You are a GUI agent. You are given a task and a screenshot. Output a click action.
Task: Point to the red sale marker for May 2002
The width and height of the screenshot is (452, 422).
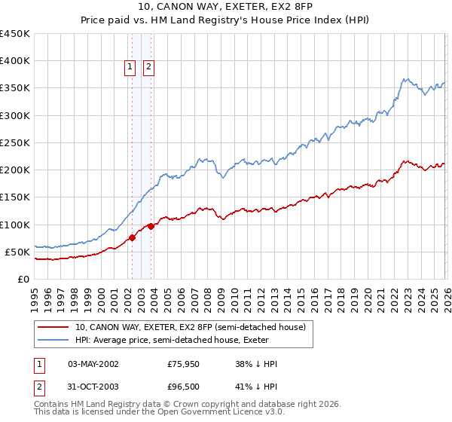133,237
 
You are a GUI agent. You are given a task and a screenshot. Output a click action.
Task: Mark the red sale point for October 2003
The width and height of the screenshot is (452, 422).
151,226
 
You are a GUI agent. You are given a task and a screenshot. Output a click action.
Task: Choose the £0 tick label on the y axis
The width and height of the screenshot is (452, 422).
23,279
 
